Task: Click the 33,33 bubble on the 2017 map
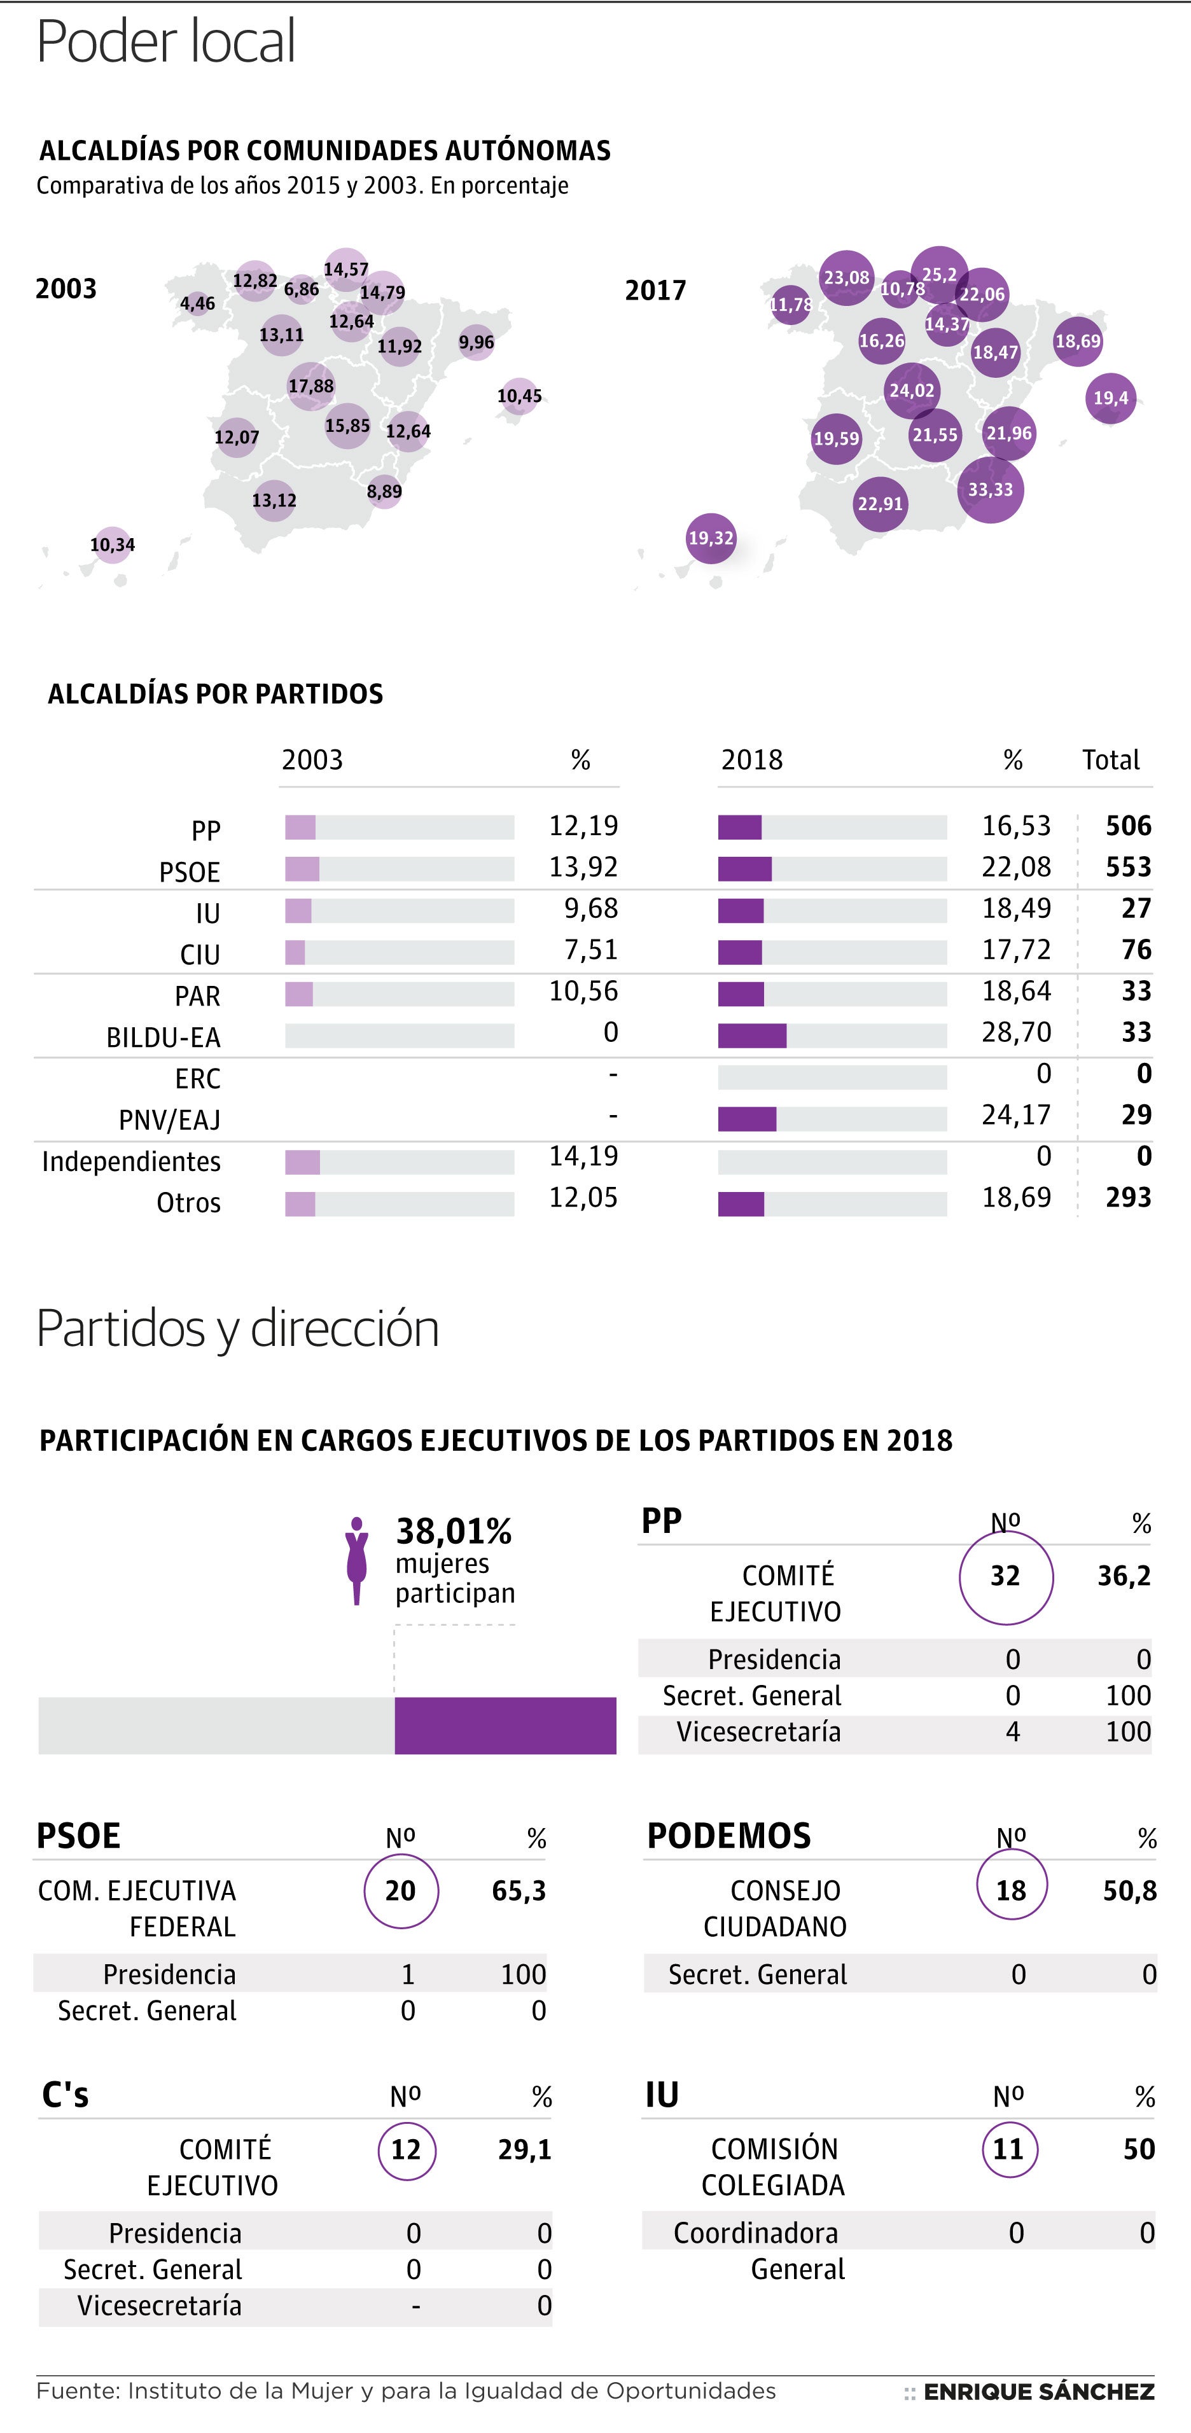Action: click(990, 489)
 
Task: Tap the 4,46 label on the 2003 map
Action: click(197, 303)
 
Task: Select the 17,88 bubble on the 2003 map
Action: click(310, 385)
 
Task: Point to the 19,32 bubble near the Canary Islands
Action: click(710, 537)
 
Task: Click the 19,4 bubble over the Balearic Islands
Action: click(1111, 398)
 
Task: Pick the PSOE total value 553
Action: click(1128, 867)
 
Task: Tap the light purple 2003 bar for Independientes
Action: click(302, 1161)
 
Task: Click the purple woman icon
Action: click(356, 1560)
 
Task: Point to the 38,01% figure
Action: click(454, 1530)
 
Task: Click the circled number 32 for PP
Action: click(1005, 1576)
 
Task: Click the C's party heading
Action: click(65, 2094)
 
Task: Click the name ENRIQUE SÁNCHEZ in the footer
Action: click(1038, 2392)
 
